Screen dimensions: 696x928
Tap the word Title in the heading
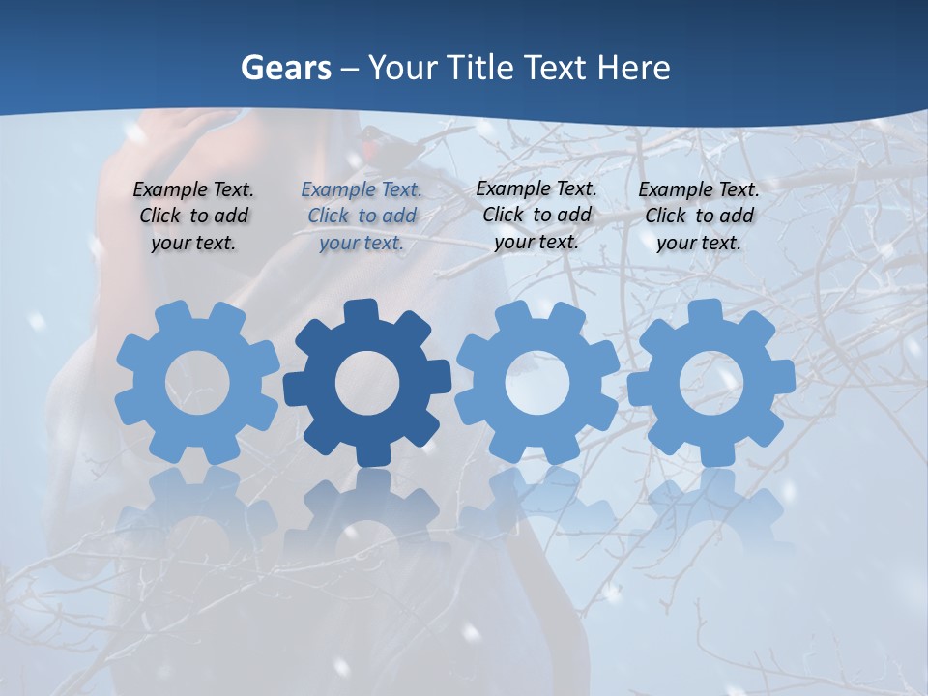(x=481, y=69)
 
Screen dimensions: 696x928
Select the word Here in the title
(x=633, y=69)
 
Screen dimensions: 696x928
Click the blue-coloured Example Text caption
(x=362, y=217)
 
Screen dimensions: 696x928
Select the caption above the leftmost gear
(x=193, y=217)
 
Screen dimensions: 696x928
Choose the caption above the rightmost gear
(x=699, y=217)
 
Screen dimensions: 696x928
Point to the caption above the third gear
(x=536, y=215)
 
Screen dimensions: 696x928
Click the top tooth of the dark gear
(x=362, y=310)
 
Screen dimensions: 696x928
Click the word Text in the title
(x=557, y=69)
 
